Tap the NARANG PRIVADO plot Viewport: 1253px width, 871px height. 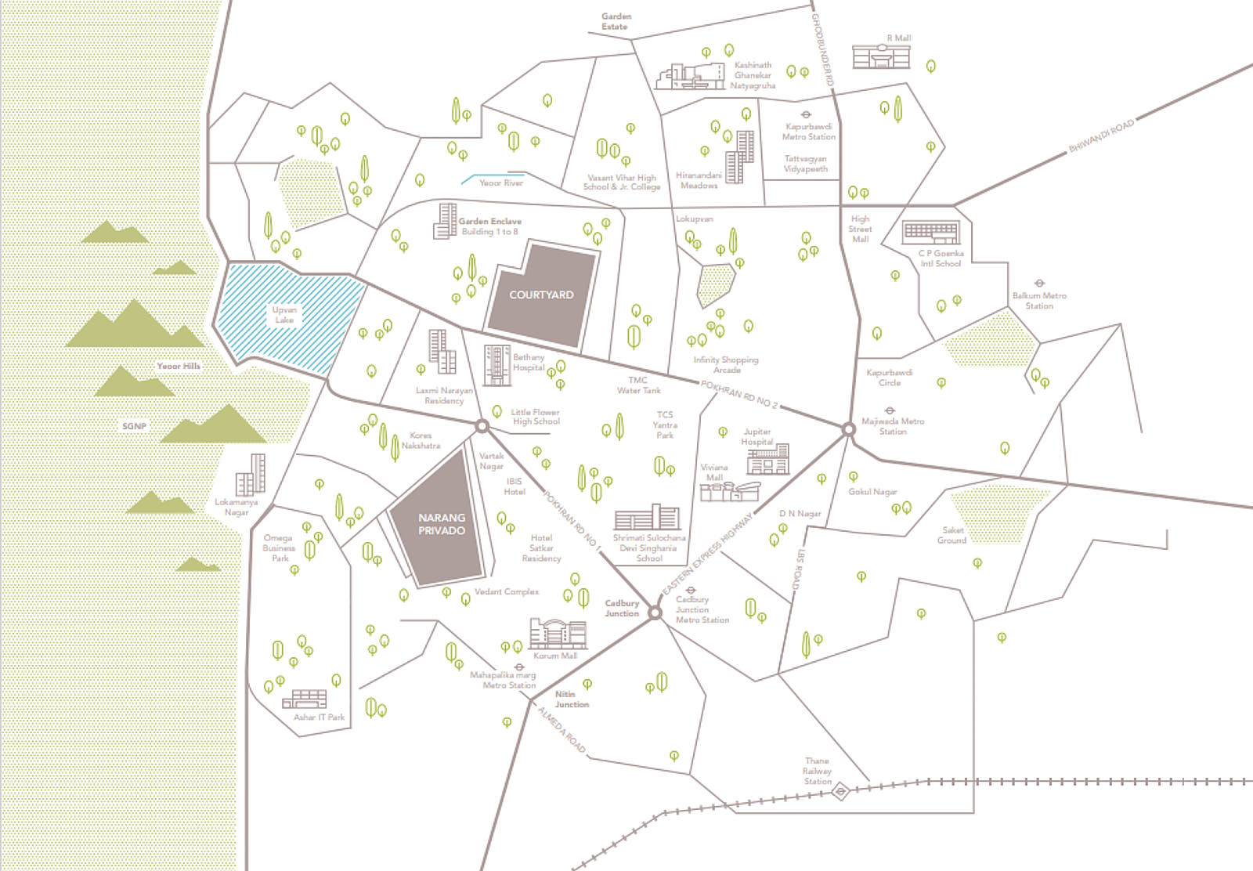(441, 523)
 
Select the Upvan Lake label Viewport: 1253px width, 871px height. (284, 314)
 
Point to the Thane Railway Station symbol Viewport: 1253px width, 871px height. (839, 791)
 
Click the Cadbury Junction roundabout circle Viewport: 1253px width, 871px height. (655, 612)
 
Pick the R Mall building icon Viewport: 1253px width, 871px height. (881, 56)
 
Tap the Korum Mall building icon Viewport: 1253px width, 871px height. (558, 634)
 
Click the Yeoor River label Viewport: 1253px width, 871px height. (500, 183)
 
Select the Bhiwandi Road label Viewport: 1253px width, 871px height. (1101, 137)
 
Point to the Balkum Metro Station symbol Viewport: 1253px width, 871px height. (1039, 284)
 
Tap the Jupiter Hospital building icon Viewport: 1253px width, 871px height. (767, 460)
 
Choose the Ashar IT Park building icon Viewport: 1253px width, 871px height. (309, 699)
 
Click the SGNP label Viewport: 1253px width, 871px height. (134, 426)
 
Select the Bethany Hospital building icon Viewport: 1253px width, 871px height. (497, 365)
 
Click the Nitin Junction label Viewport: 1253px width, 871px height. (572, 699)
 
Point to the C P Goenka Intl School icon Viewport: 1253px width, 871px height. (930, 233)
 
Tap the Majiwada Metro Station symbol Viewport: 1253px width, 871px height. (890, 410)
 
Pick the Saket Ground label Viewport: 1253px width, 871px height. (952, 535)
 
